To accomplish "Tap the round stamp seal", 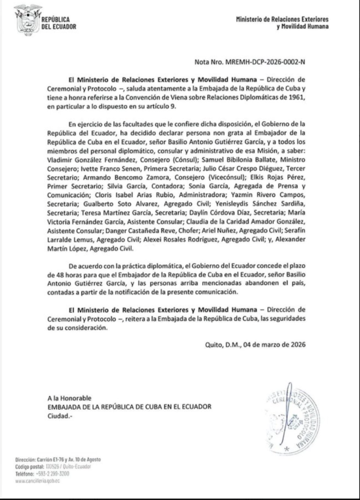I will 293,420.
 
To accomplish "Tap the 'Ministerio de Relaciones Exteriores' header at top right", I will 282,19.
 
